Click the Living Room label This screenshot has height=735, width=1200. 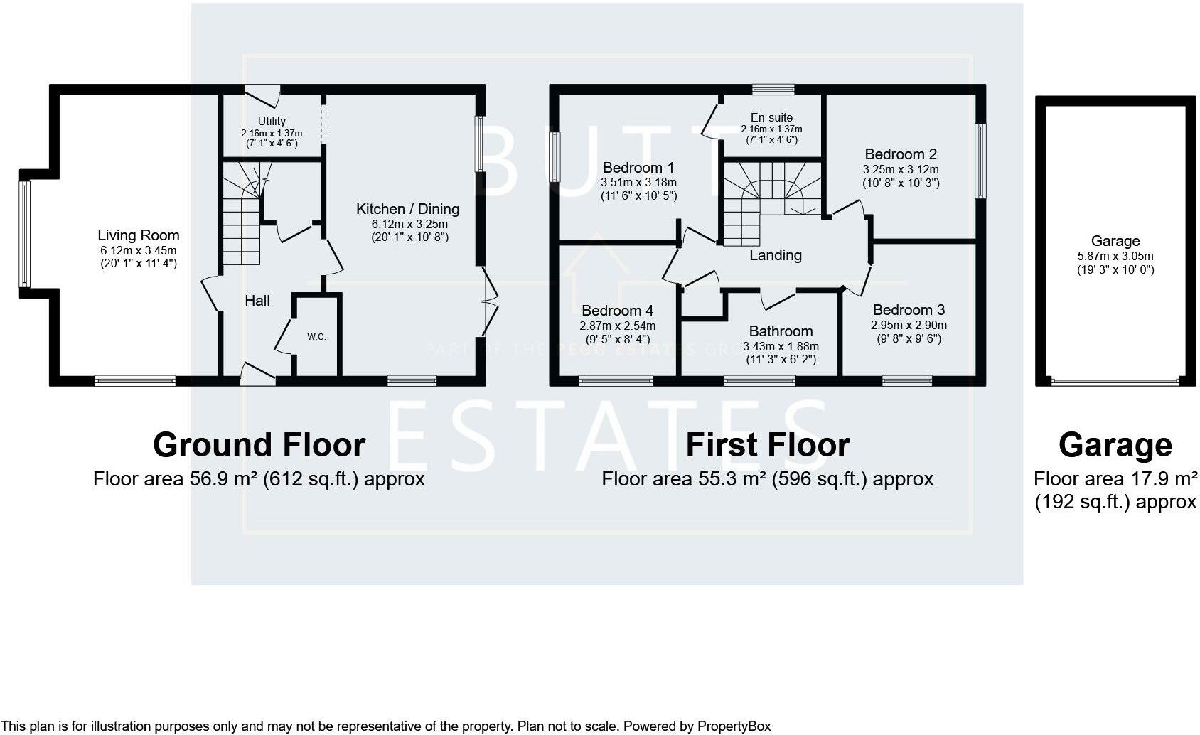pos(139,235)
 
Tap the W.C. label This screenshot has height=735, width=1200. pos(316,337)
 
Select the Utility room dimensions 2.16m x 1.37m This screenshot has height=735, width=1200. pos(272,133)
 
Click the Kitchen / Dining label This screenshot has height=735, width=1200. pos(407,209)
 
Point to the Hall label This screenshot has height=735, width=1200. pos(257,301)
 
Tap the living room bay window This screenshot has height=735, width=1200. pos(25,234)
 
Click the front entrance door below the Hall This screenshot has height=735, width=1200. pos(257,375)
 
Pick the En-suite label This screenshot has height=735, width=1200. pos(771,117)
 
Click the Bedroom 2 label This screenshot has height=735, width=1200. pos(901,154)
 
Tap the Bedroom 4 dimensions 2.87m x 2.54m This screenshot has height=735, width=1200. pos(617,326)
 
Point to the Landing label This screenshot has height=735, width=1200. pos(776,255)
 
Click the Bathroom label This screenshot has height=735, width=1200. pos(781,331)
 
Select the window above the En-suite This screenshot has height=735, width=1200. pos(773,90)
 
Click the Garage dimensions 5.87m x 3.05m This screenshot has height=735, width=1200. pos(1115,257)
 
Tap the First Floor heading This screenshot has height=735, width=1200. pos(767,445)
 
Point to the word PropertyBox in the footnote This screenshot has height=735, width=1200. pos(734,726)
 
